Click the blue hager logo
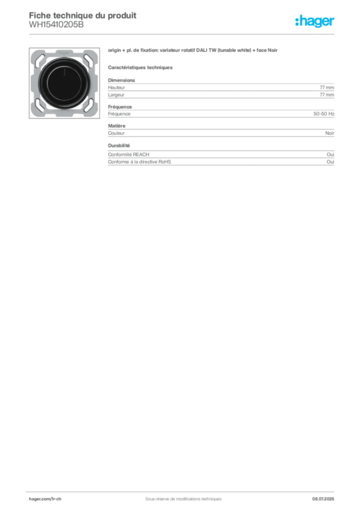point(315,21)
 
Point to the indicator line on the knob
point(64,74)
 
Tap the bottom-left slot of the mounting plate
point(39,106)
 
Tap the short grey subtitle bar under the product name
point(141,67)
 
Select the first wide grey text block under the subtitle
point(220,88)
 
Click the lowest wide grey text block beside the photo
point(220,156)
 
